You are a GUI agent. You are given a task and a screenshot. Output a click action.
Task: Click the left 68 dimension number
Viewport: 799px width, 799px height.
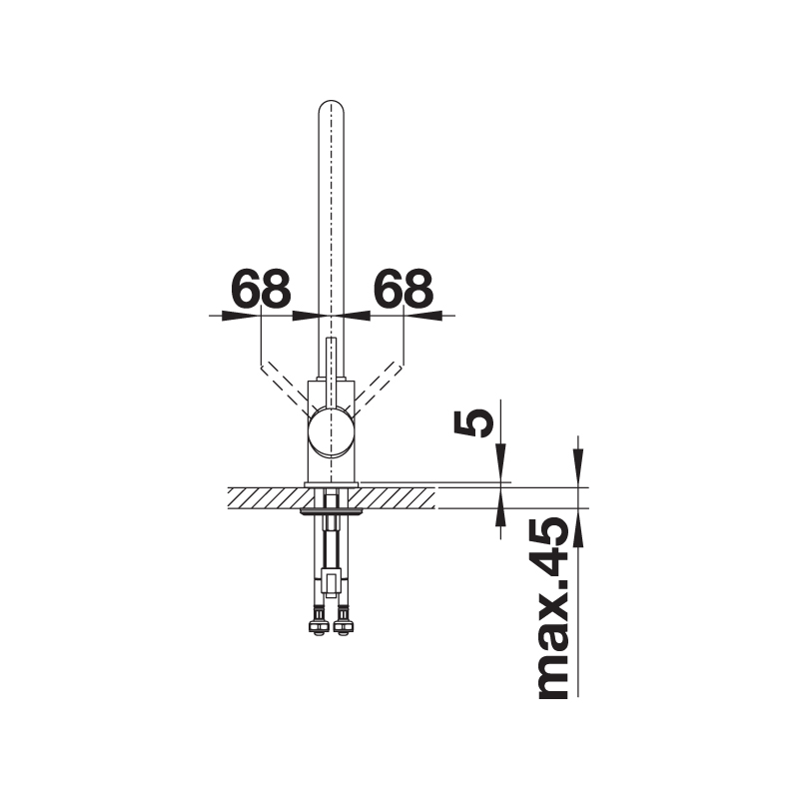click(x=261, y=289)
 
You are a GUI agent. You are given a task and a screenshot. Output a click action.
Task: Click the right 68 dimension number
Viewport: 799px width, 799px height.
click(x=403, y=289)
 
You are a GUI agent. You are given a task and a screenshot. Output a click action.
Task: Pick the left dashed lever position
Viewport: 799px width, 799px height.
click(x=284, y=388)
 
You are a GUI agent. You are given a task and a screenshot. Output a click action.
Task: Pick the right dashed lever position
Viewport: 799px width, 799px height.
click(x=378, y=388)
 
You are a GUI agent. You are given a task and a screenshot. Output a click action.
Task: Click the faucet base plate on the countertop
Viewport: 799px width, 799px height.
click(x=332, y=484)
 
